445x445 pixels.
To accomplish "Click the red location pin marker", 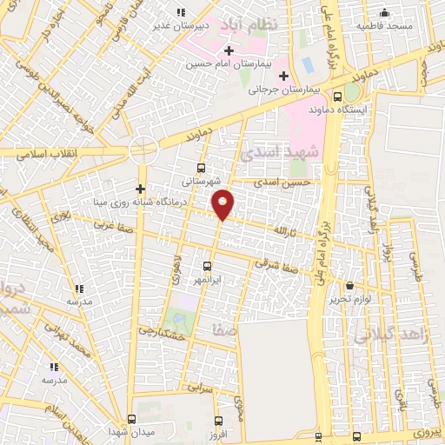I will point(223,204).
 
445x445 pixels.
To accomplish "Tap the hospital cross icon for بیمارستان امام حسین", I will point(228,52).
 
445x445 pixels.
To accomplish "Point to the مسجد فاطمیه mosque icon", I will point(385,12).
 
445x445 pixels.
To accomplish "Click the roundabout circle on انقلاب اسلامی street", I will point(143,150).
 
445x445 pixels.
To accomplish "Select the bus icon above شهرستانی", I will point(202,169).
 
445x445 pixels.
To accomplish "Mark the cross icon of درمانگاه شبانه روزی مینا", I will point(141,189).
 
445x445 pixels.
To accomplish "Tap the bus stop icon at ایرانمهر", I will point(207,266).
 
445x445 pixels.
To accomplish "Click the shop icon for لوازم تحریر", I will point(349,285).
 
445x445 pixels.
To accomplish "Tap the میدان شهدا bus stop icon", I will point(131,418).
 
